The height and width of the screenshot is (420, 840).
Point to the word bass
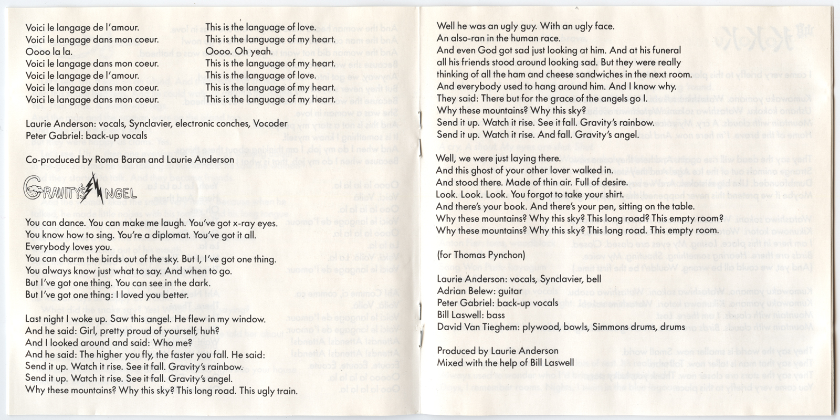pos(496,315)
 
